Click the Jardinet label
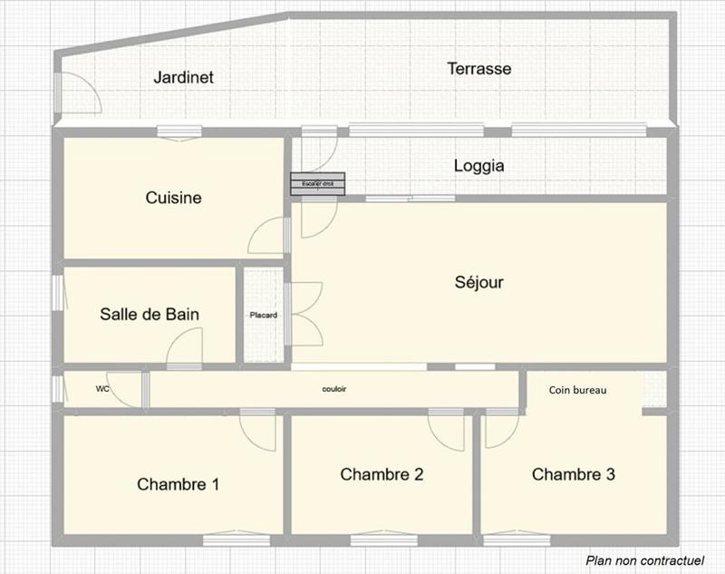tap(183, 77)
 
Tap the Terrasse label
tap(479, 69)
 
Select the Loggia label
tap(478, 167)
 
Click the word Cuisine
tap(173, 198)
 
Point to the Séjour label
tap(478, 282)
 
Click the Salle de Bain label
tap(149, 315)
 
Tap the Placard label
tap(263, 316)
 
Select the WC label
tap(102, 388)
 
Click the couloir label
tap(334, 388)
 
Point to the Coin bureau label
tap(577, 390)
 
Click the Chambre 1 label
tap(178, 484)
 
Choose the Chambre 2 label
tap(382, 474)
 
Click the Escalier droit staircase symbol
tap(318, 184)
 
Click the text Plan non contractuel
tap(644, 560)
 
